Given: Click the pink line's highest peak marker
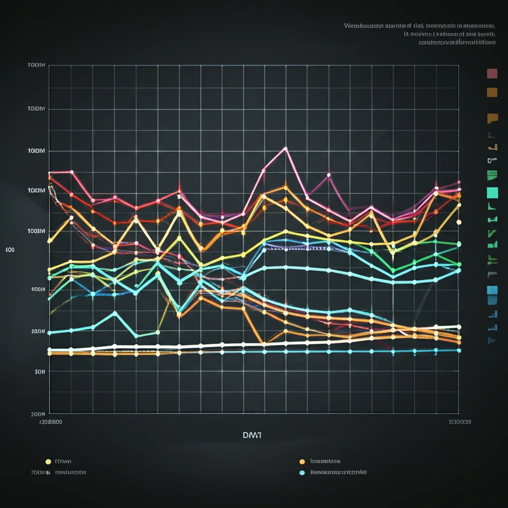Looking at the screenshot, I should [285, 148].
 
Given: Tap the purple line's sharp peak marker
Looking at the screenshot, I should [328, 175].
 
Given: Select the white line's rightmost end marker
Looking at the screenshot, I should [459, 327].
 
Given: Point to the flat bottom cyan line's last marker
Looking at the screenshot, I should [459, 350].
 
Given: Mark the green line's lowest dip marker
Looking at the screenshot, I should [393, 271].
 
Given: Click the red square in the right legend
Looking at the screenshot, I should [492, 74].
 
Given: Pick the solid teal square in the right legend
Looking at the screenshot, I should [492, 192].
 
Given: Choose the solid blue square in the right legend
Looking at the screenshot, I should [493, 290].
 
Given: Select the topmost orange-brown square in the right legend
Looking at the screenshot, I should [492, 92].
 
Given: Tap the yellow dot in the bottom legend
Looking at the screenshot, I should [48, 461].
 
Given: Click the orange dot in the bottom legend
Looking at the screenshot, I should [302, 461].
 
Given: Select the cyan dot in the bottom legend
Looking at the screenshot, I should [302, 473].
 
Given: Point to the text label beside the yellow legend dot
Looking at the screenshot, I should [63, 461].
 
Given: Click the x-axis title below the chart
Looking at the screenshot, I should [252, 435].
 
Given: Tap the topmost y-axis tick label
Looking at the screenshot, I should [37, 65].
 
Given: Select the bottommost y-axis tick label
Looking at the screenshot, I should [38, 413].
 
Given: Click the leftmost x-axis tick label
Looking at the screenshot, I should [51, 422].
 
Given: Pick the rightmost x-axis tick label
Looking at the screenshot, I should [459, 422].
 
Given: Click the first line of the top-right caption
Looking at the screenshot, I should [419, 25].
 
